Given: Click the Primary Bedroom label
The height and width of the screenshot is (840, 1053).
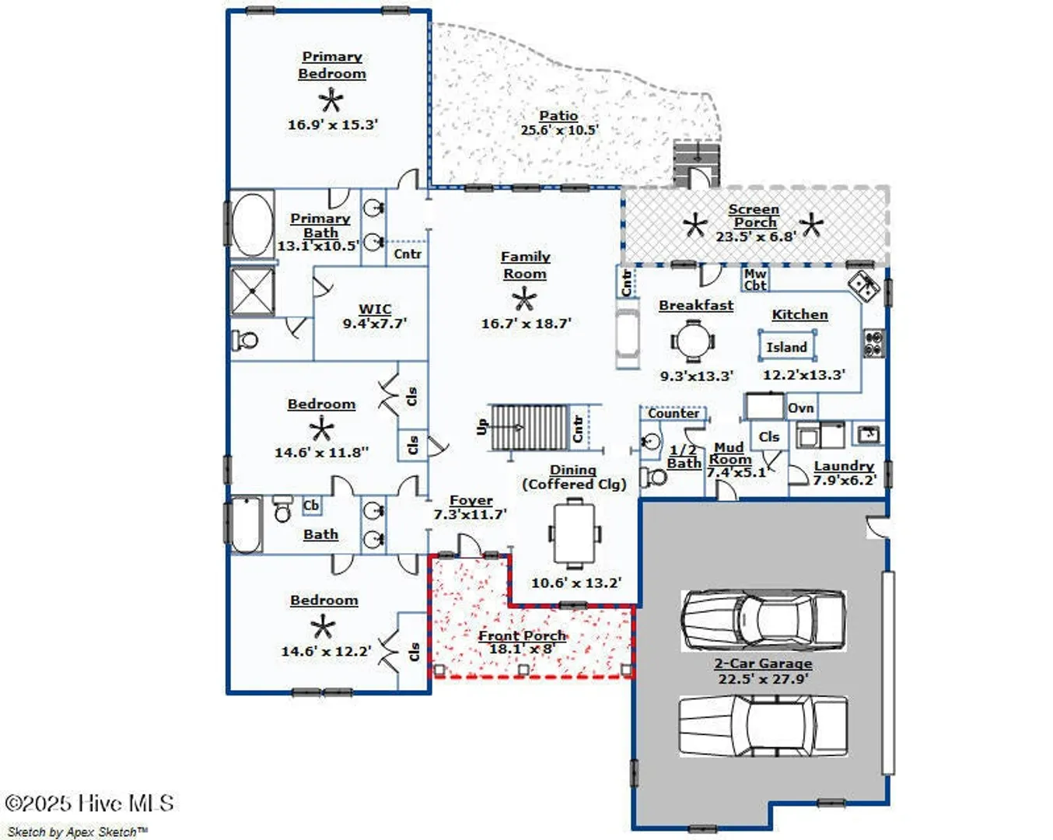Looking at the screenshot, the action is pyautogui.click(x=332, y=65).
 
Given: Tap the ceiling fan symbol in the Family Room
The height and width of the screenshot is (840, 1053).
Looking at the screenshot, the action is pyautogui.click(x=524, y=299).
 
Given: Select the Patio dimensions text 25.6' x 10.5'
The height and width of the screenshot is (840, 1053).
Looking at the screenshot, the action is pyautogui.click(x=559, y=130).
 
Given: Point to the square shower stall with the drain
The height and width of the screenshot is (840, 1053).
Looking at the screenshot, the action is pyautogui.click(x=253, y=291).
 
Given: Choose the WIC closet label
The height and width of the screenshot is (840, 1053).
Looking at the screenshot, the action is pyautogui.click(x=375, y=310).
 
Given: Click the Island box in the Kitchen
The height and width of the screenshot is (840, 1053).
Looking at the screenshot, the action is pyautogui.click(x=787, y=347).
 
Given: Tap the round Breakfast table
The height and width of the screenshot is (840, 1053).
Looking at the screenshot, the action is pyautogui.click(x=693, y=341).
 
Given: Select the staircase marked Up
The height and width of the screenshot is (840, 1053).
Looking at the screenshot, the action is pyautogui.click(x=530, y=427).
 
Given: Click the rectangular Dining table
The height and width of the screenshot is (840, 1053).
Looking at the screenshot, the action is pyautogui.click(x=575, y=534).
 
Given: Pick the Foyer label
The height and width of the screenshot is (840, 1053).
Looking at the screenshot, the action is pyautogui.click(x=471, y=500).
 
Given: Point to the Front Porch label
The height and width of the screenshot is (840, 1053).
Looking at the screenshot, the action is pyautogui.click(x=522, y=635).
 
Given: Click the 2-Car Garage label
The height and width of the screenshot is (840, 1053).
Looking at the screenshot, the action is pyautogui.click(x=763, y=663).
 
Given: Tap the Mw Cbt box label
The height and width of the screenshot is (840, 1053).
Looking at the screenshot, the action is pyautogui.click(x=755, y=279).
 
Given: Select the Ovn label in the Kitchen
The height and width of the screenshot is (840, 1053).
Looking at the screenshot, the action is pyautogui.click(x=801, y=408).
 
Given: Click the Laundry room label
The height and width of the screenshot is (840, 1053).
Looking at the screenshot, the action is pyautogui.click(x=844, y=466).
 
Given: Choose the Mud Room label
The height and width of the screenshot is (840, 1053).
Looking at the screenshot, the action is pyautogui.click(x=729, y=453).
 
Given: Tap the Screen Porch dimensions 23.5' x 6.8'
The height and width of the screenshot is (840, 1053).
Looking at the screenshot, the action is pyautogui.click(x=756, y=237).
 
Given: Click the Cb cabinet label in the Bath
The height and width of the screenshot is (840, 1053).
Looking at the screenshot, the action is pyautogui.click(x=311, y=506).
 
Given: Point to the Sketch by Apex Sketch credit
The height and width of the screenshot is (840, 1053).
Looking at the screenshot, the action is pyautogui.click(x=77, y=831).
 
